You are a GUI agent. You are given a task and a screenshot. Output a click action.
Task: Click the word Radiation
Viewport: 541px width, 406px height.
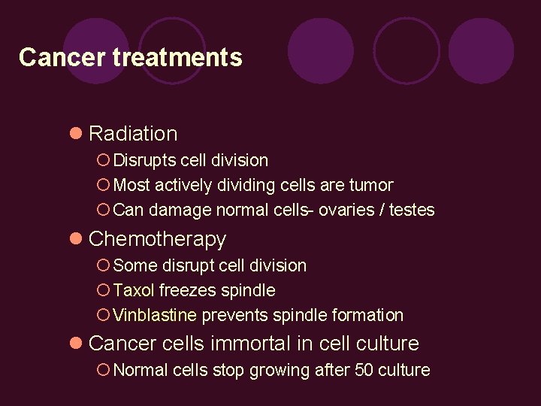pyautogui.click(x=133, y=134)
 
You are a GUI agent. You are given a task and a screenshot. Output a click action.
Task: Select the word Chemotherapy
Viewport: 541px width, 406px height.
pyautogui.click(x=157, y=239)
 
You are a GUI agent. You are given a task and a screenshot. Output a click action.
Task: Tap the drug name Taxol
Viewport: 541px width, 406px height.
pyautogui.click(x=134, y=290)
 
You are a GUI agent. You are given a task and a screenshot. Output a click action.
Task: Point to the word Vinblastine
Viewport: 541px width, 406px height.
pyautogui.click(x=155, y=315)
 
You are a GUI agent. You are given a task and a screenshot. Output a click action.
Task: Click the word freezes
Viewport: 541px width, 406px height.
pyautogui.click(x=186, y=290)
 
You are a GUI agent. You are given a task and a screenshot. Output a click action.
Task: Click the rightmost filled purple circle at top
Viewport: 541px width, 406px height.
pyautogui.click(x=481, y=50)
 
